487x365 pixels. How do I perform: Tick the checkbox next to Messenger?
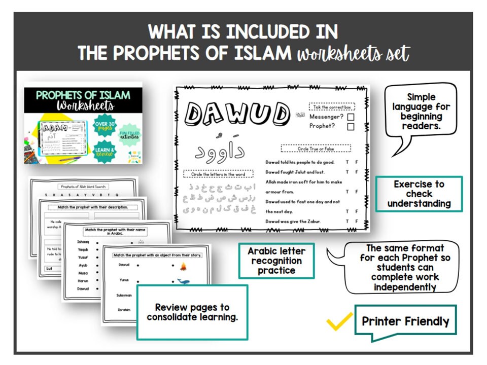coord(351,117)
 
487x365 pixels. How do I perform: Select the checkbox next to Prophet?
coord(351,127)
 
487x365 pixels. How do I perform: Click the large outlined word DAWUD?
coord(237,115)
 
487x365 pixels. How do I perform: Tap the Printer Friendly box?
coord(405,321)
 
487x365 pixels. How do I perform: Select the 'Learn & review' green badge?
coord(107,152)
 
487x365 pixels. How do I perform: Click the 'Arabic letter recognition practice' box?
coord(276,261)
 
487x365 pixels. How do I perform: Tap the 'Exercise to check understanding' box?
coord(419,194)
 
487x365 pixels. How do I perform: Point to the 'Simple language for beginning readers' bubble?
coord(421,111)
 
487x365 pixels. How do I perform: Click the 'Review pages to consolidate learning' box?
coord(192,312)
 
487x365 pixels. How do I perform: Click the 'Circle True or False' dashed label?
coord(316,149)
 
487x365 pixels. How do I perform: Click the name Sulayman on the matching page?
coord(124,295)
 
